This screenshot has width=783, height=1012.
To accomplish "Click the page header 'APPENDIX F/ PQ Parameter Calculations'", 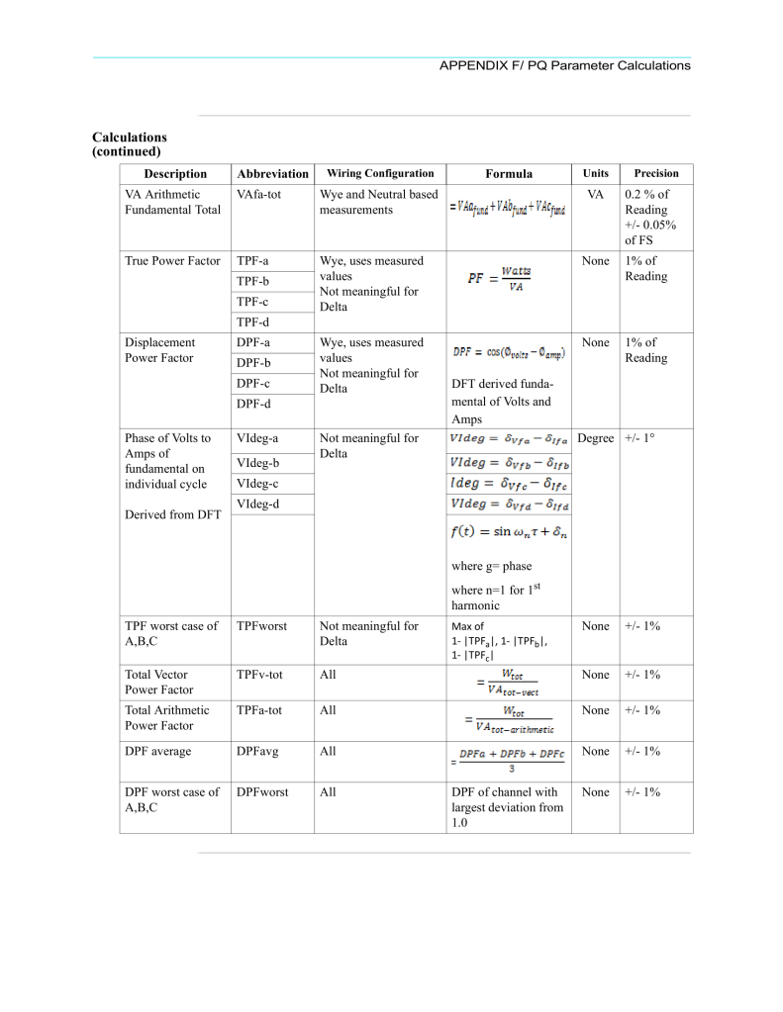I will click(564, 65).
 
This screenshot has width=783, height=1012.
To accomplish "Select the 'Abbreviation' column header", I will click(271, 174).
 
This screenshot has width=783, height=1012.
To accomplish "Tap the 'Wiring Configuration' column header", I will click(380, 174).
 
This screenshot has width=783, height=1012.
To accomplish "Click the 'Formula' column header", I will click(509, 174).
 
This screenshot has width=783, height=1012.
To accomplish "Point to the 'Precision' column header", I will click(656, 174).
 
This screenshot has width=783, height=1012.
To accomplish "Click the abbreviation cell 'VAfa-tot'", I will click(258, 195).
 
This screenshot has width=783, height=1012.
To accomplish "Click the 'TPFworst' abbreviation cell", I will click(262, 626).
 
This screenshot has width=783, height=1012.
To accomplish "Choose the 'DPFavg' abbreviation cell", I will click(259, 752).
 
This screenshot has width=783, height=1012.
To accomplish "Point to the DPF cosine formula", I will click(509, 351).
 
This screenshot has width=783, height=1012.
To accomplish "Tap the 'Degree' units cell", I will click(595, 438).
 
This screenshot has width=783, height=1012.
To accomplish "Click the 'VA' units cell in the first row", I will click(595, 195).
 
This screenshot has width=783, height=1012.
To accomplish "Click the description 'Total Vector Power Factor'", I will click(156, 682).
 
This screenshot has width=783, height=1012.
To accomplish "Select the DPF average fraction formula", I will click(509, 757).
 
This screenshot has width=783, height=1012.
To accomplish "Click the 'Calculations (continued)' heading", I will click(130, 144).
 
